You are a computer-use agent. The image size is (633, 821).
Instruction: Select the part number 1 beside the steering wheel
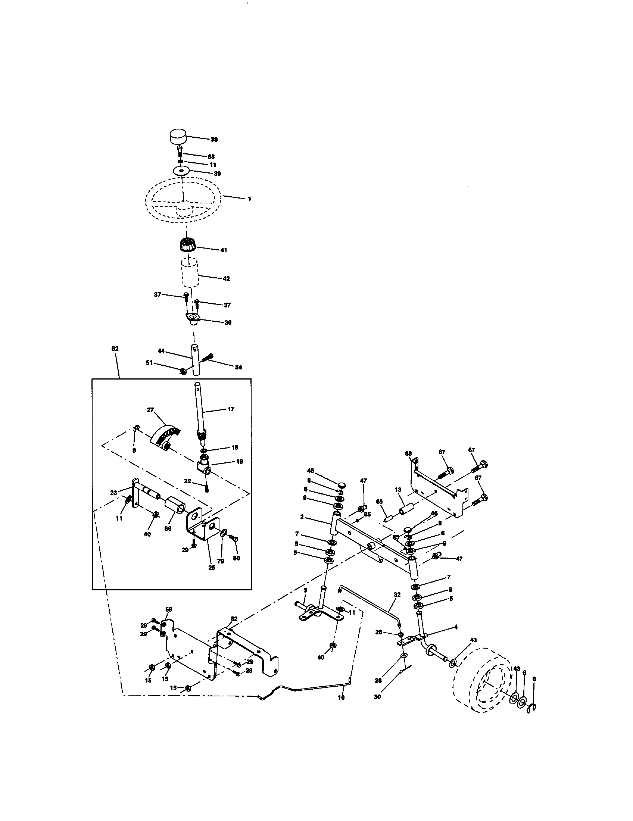249,199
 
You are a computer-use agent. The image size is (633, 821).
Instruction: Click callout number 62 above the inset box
115,349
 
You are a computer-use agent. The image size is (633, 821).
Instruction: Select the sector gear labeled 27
165,435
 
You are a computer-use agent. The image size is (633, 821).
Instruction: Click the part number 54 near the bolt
238,367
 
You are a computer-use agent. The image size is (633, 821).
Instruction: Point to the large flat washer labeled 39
181,171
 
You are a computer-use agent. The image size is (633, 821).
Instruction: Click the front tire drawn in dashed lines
483,682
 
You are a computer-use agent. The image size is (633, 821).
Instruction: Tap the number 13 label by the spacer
398,490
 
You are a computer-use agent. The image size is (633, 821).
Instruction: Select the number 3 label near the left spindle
305,591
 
